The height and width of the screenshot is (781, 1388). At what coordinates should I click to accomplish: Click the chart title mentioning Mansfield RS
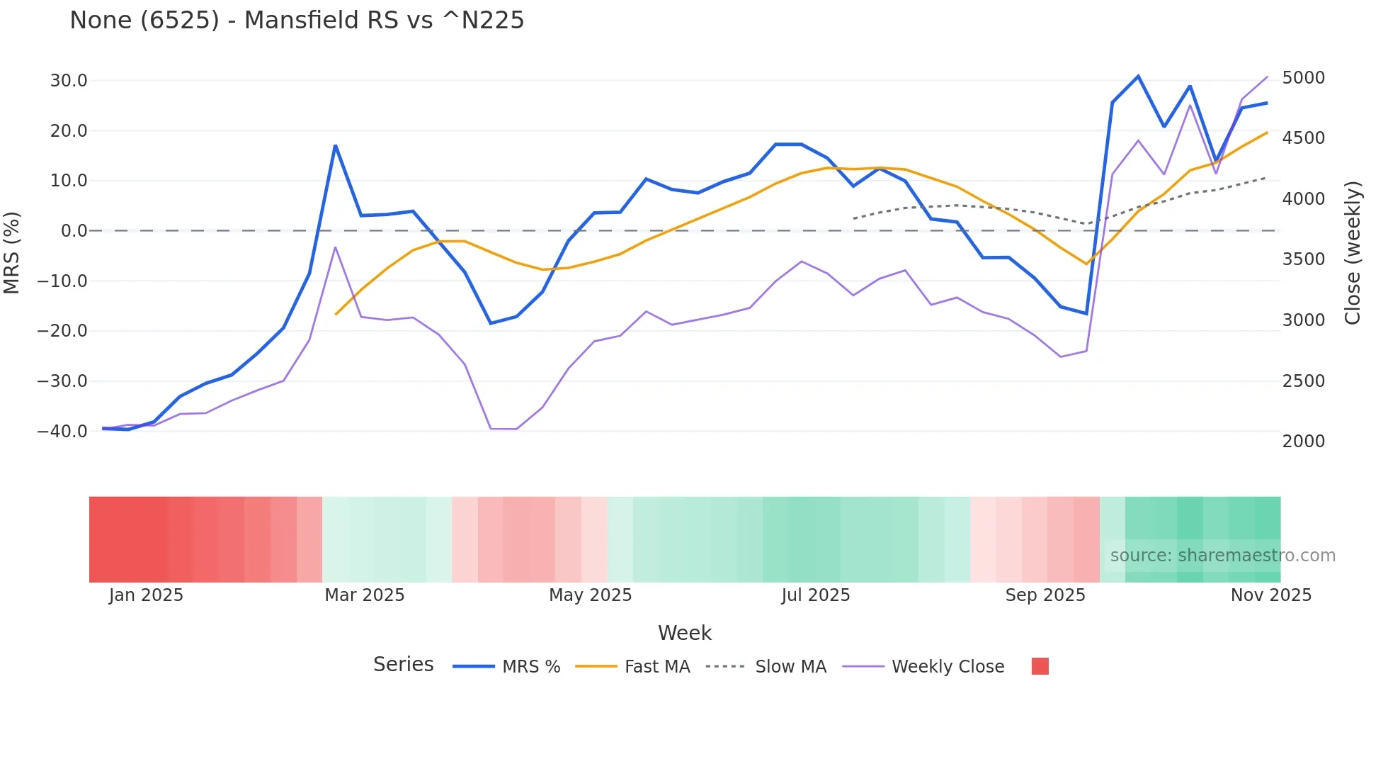pos(297,21)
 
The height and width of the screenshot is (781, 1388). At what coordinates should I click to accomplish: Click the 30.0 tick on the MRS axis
pos(69,81)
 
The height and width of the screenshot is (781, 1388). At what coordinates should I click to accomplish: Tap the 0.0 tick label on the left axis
pos(74,231)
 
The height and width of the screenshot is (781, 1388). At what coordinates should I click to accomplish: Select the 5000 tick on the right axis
pos(1303,78)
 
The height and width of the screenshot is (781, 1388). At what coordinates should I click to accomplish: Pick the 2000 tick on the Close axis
pos(1303,442)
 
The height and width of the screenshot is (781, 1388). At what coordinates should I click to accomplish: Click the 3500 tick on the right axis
pos(1303,259)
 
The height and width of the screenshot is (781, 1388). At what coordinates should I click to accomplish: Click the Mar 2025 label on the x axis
pos(364,595)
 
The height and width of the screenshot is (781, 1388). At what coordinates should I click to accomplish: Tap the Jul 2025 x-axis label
pos(815,595)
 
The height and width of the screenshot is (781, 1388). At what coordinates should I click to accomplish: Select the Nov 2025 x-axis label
pos(1270,595)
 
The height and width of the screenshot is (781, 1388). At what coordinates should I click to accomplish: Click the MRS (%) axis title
pos(12,253)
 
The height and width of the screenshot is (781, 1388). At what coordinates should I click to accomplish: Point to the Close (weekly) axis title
pos(1353,253)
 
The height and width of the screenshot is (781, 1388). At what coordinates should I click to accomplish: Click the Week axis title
pos(684,633)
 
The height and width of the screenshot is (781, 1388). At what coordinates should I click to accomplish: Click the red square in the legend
pos(1040,666)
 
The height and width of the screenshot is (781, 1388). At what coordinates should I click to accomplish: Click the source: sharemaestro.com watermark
pos(1222,556)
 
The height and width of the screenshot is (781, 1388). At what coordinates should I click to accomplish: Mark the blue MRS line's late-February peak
pos(335,146)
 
